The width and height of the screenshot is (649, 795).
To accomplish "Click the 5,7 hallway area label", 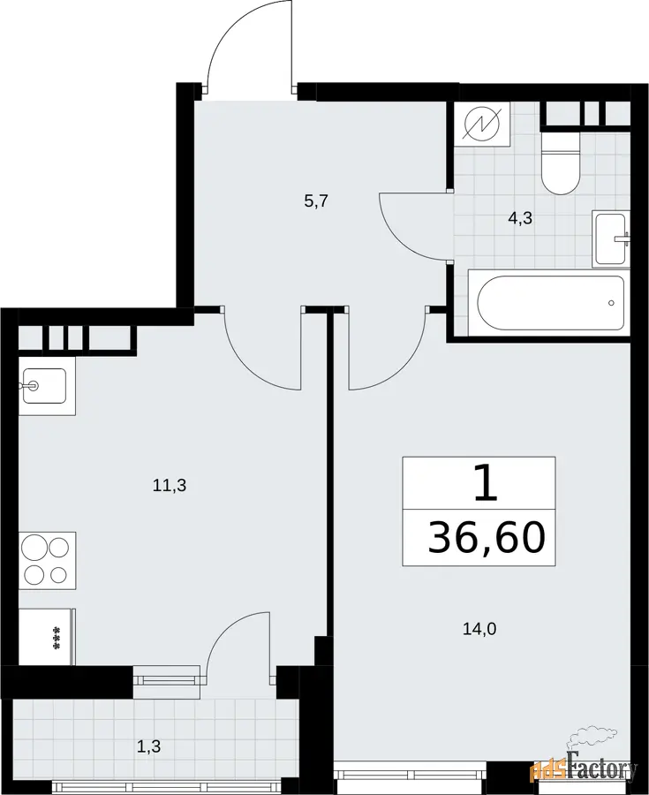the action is click(317, 201).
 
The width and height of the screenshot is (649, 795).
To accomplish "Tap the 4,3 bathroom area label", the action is click(520, 219).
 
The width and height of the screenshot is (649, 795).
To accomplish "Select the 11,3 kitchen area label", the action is click(170, 486).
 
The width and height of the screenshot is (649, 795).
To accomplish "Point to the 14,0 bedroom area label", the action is click(479, 629).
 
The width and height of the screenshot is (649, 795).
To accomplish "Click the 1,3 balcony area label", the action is click(149, 746).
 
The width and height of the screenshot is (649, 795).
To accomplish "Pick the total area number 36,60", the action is click(487, 538).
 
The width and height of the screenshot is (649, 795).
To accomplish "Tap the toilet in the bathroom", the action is click(560, 163).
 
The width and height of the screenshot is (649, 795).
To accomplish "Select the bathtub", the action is click(549, 303).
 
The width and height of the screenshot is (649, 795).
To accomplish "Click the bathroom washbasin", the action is click(610, 238).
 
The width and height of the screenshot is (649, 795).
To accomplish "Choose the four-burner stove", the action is click(48, 561).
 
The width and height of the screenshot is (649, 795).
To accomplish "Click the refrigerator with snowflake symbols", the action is click(48, 637).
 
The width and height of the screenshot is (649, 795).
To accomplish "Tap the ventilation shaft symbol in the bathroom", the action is click(481, 124).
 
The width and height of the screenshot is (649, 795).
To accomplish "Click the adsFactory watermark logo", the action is click(584, 770).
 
